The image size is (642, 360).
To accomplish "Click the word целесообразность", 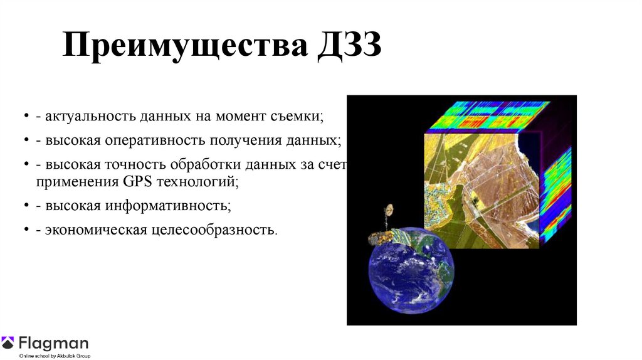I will [212, 230].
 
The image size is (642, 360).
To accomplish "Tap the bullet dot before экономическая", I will [26, 230].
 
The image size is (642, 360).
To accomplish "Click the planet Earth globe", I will [411, 270].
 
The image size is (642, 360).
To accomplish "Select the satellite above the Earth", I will [384, 229].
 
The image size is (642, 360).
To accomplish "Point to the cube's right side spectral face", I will [555, 194].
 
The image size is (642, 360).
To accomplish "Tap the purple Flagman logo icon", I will [8, 343].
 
